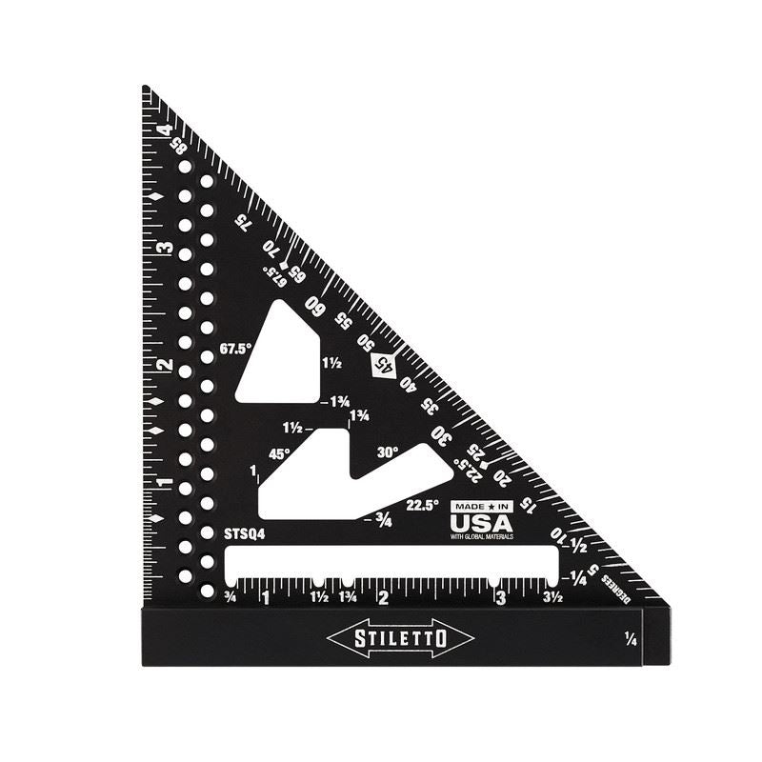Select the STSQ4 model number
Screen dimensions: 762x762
[x=245, y=534]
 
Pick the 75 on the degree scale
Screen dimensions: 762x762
[x=244, y=221]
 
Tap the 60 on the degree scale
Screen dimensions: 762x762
[x=313, y=305]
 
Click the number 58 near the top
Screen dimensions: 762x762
[x=178, y=148]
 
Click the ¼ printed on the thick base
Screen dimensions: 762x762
[x=631, y=637]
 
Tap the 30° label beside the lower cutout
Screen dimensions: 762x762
[x=388, y=452]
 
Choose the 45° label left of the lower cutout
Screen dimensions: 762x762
[x=279, y=454]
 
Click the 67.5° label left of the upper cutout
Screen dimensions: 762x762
[x=234, y=349]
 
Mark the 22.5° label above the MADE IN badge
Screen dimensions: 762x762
[x=422, y=505]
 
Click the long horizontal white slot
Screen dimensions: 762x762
[x=391, y=561]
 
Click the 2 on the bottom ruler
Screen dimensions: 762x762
[x=383, y=598]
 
